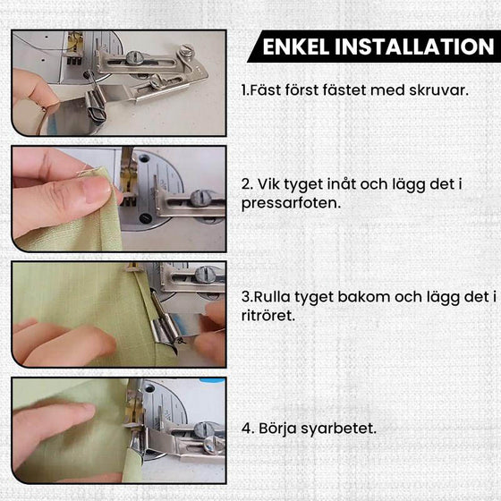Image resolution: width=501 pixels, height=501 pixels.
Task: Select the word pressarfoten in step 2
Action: (x=289, y=202)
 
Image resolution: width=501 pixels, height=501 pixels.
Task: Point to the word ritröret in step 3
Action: (x=267, y=316)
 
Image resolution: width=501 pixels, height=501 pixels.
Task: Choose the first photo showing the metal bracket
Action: (x=119, y=82)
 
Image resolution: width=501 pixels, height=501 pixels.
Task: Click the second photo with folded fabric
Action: (x=119, y=199)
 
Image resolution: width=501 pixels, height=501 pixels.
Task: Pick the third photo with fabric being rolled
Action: (x=119, y=314)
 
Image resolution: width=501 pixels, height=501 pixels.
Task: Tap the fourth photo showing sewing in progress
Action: (x=119, y=430)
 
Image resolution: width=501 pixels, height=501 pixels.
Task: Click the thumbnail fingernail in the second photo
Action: (x=93, y=188)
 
